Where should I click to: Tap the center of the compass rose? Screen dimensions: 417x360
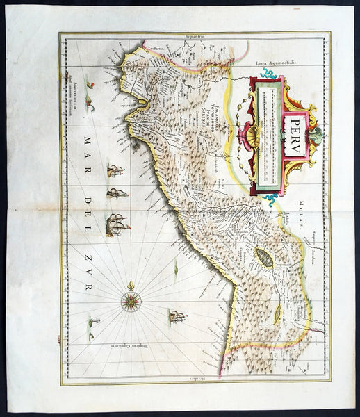click(x=131, y=301)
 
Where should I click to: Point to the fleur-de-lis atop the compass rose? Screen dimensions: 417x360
click(x=131, y=285)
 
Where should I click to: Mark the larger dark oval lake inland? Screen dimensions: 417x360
click(x=264, y=258)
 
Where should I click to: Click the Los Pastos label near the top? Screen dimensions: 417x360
click(x=154, y=49)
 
